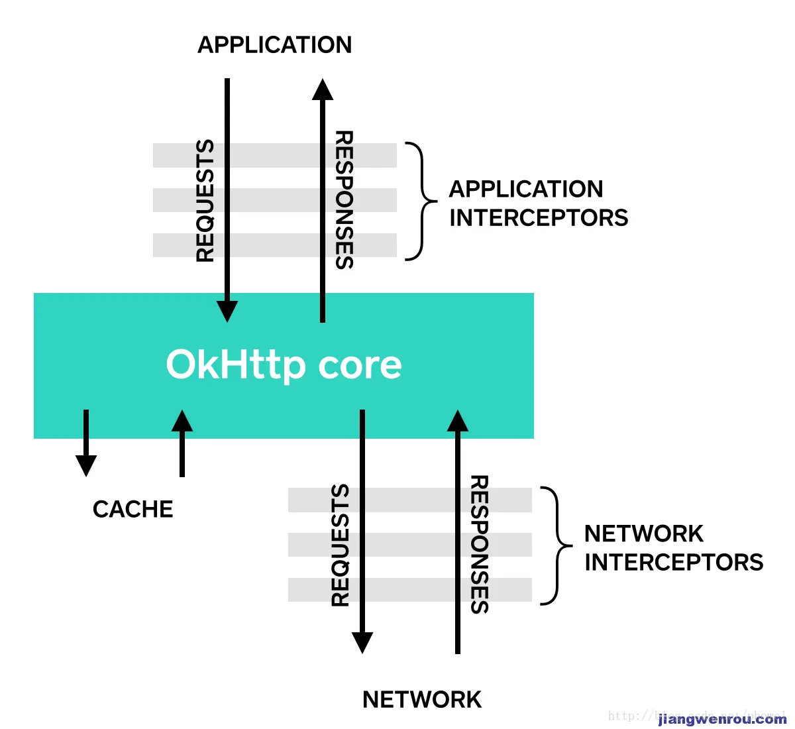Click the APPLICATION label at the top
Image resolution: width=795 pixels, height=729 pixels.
pos(275,45)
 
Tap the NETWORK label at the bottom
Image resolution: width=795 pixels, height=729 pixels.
pos(422,700)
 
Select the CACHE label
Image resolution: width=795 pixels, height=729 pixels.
pos(133,509)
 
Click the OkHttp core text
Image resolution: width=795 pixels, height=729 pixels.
pos(284,364)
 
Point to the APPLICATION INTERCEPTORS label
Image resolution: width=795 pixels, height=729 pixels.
pos(538,203)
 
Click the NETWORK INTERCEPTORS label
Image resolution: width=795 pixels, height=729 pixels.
pos(673,548)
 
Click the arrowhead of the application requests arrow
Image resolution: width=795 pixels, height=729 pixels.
pos(227,311)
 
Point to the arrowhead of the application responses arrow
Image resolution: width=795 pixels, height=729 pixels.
pos(323,90)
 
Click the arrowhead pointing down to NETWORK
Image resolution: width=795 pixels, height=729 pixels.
pos(362,642)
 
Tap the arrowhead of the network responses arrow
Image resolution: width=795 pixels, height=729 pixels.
pos(457,421)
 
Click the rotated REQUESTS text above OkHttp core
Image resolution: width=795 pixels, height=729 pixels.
pos(205,201)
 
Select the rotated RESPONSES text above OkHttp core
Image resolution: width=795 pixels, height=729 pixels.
pos(344,200)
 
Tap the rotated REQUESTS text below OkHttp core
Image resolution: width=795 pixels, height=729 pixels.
pos(341,545)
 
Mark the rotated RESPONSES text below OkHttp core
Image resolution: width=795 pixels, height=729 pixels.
pos(479,545)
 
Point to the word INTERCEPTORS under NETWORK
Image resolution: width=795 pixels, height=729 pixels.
pos(673,563)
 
